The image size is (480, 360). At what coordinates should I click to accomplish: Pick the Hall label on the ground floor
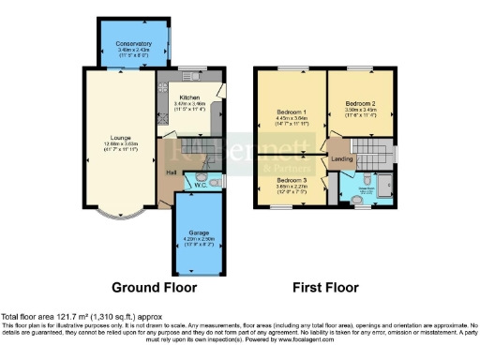[x=172, y=172]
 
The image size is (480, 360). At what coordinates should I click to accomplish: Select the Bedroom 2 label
[x=360, y=103]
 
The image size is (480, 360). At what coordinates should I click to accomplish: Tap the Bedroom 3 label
[x=292, y=180]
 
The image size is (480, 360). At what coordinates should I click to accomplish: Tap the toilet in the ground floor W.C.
[x=215, y=183]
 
